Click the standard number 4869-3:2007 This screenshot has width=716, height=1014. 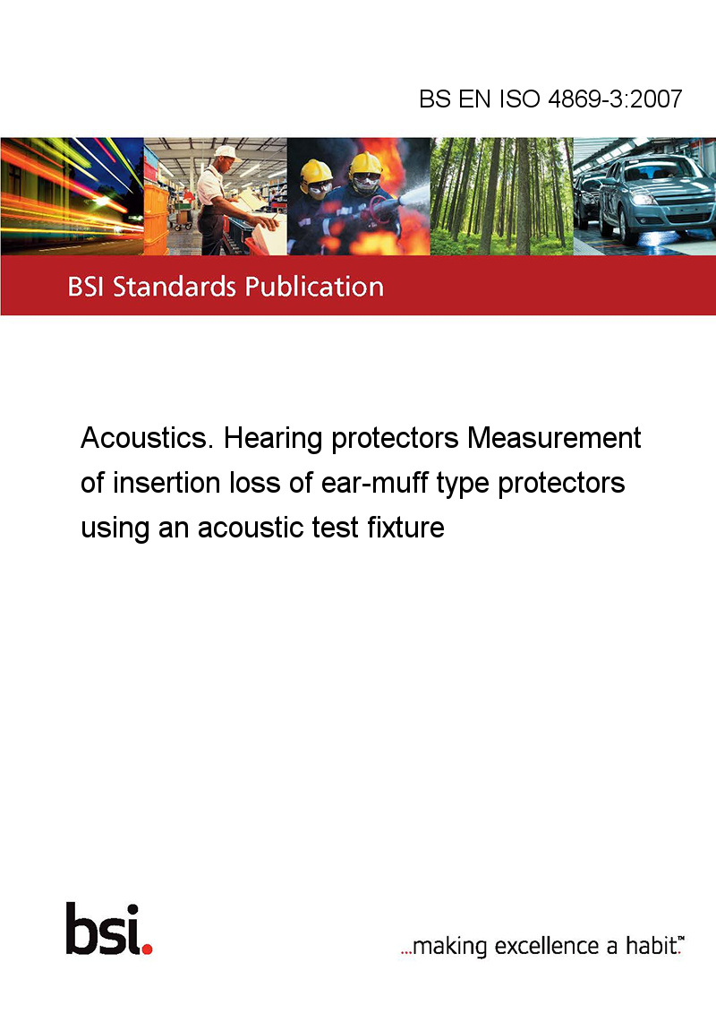[615, 99]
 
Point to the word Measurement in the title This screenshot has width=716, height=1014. [554, 438]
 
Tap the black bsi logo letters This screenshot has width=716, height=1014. [104, 929]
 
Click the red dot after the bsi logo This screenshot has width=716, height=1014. [148, 949]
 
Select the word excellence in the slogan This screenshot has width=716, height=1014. [547, 946]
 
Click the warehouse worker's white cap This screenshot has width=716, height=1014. [226, 152]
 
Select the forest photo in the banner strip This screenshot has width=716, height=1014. [501, 196]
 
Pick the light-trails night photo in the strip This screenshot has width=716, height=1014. [72, 196]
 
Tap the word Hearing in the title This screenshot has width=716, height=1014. [273, 439]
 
